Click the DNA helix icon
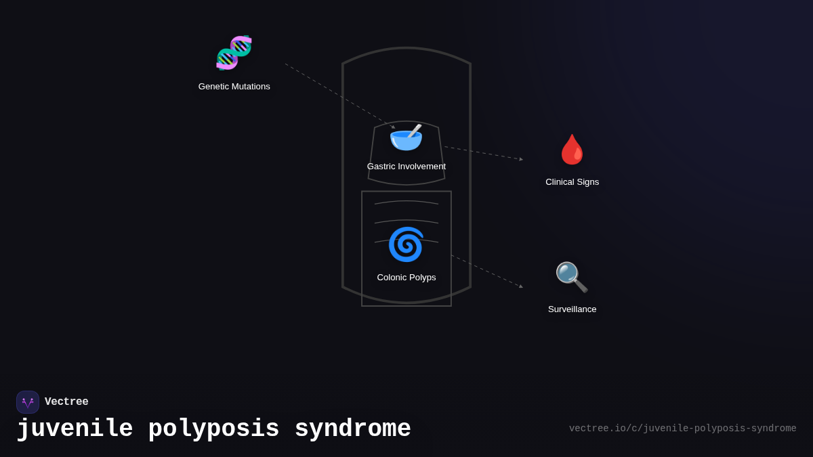coord(234,53)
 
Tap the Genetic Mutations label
coord(234,87)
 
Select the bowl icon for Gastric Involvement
coord(405,138)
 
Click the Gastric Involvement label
coord(406,167)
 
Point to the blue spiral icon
coord(406,244)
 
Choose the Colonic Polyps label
coord(406,278)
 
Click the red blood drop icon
coord(572,150)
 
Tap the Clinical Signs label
coord(572,182)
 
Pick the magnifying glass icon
coord(571,277)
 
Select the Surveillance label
coord(572,309)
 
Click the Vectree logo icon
coord(28,402)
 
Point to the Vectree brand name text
coord(66,402)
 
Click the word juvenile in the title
coord(75,429)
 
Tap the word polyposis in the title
coord(213,429)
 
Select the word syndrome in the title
coord(352,429)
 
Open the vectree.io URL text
coord(682,429)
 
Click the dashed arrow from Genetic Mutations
coord(339,95)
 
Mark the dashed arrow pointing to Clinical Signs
coord(483,153)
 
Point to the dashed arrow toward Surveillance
coord(486,271)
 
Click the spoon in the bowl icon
coord(414,131)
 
